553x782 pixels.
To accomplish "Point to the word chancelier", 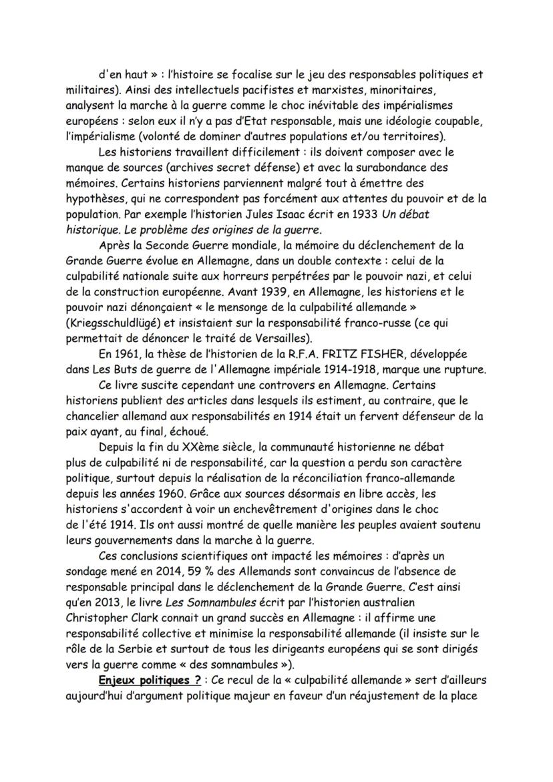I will coord(94,415).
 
